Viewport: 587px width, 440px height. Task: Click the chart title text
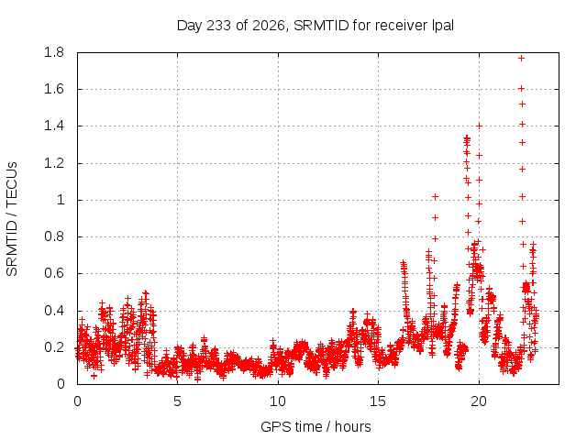[x=316, y=26]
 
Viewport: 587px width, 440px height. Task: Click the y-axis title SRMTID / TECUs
[x=12, y=219]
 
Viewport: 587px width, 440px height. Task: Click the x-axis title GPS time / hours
[x=316, y=426]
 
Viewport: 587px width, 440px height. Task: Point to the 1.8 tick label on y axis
[x=54, y=52]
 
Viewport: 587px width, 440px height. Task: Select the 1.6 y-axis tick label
[x=54, y=89]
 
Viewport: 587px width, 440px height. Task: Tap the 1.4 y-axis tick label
[x=54, y=126]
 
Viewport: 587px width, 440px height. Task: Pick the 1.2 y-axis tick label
[x=54, y=163]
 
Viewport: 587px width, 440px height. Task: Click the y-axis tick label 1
[x=61, y=200]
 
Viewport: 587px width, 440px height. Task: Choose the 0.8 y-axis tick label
[x=54, y=236]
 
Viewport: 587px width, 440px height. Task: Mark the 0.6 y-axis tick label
[x=54, y=273]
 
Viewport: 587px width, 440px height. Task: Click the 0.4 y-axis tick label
[x=54, y=311]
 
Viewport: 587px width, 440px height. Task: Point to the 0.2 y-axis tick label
[x=54, y=347]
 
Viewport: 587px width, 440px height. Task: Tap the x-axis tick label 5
[x=177, y=401]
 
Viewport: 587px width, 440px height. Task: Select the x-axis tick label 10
[x=278, y=401]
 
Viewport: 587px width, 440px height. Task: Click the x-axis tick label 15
[x=378, y=401]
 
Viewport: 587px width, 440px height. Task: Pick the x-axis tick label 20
[x=479, y=401]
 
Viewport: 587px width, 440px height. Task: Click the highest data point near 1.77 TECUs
[x=521, y=59]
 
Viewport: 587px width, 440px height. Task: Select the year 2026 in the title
[x=269, y=27]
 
